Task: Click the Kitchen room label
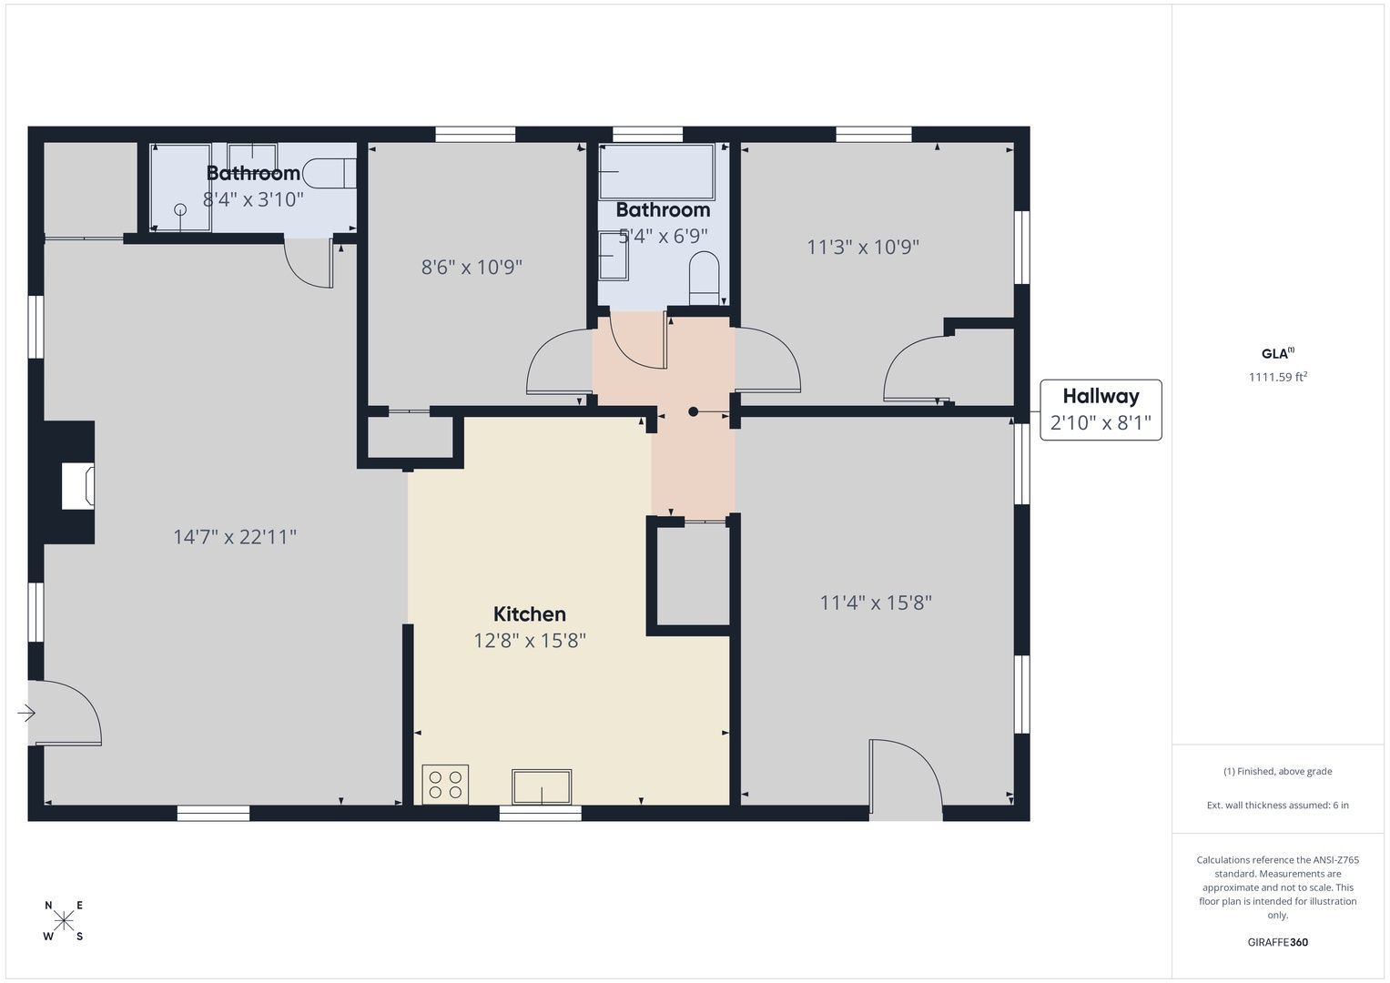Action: tap(529, 613)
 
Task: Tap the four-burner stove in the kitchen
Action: tap(445, 785)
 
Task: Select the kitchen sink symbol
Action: tap(541, 786)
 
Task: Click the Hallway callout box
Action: tap(1101, 410)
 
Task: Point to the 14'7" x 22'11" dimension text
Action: tap(235, 537)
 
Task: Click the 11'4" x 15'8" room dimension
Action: tap(876, 603)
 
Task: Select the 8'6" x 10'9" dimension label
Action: tap(472, 267)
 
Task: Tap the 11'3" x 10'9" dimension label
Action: tap(863, 247)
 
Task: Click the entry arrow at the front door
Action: tap(26, 713)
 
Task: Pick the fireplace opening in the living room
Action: tap(77, 487)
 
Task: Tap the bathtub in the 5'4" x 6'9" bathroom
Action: tap(656, 171)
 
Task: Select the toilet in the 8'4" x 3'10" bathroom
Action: tap(329, 173)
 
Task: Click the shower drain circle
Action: tap(180, 209)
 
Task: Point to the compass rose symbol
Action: tap(64, 919)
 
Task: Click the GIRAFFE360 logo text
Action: tap(1278, 942)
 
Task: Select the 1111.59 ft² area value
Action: tap(1278, 377)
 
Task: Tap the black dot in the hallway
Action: tap(693, 411)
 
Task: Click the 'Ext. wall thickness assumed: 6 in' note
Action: tap(1278, 805)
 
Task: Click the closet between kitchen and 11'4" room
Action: tap(693, 576)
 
